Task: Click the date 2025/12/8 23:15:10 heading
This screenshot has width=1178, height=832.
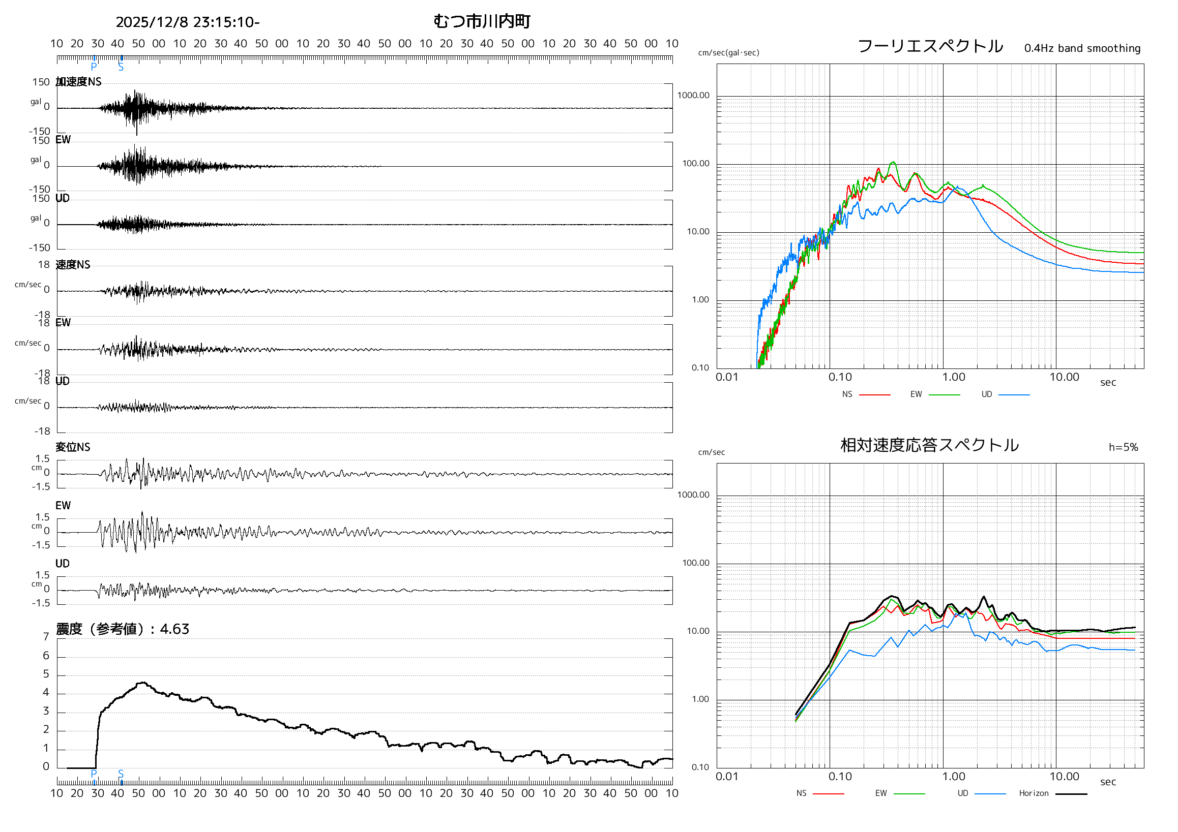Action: click(187, 22)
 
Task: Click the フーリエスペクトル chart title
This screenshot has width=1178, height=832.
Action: click(930, 46)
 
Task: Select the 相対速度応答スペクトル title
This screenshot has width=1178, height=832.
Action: click(929, 445)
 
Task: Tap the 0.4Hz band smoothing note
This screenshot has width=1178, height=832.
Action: click(1082, 48)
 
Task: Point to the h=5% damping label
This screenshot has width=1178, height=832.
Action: click(1123, 448)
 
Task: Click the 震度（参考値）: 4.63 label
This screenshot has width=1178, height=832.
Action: click(122, 629)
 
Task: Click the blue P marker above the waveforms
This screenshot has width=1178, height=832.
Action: click(94, 67)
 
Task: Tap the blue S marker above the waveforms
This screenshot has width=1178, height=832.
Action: click(121, 67)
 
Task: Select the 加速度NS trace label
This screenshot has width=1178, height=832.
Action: click(78, 82)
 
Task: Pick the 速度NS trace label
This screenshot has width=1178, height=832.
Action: click(73, 265)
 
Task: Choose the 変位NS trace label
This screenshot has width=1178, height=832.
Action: click(73, 448)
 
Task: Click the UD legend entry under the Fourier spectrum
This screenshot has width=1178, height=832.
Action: click(987, 394)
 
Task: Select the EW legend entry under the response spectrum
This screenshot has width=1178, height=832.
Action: click(881, 793)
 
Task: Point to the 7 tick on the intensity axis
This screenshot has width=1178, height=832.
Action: click(46, 637)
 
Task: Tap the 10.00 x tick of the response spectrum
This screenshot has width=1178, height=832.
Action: click(1064, 777)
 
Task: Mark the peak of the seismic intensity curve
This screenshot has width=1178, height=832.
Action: click(143, 683)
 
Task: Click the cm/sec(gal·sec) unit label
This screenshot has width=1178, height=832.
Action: click(728, 53)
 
